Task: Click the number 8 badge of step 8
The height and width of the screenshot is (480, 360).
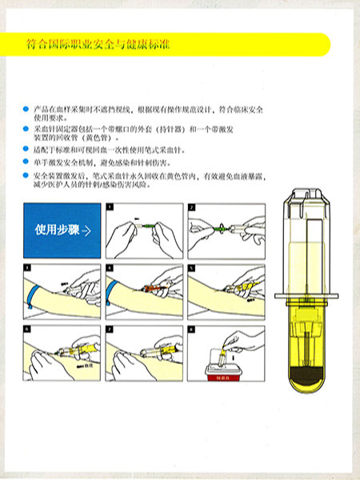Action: pyautogui.click(x=192, y=328)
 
